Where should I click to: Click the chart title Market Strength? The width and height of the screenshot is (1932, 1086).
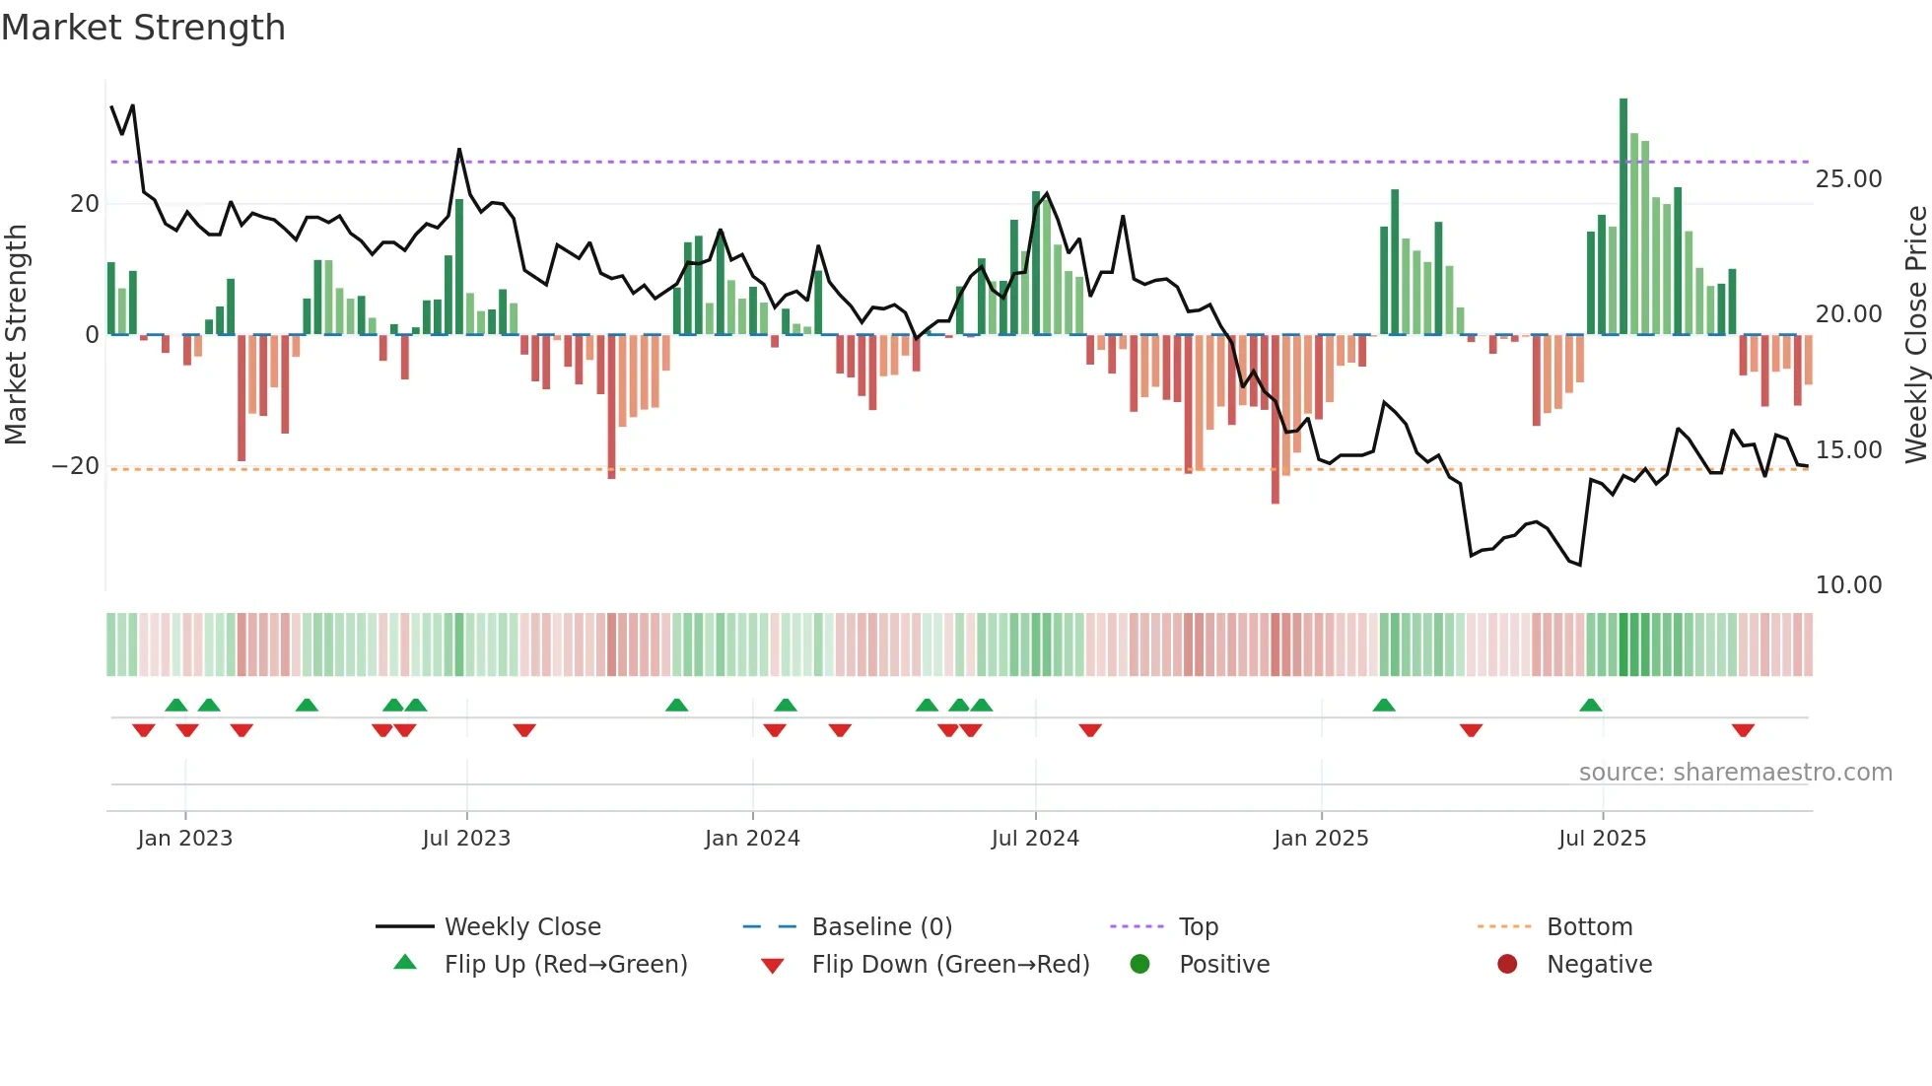143,28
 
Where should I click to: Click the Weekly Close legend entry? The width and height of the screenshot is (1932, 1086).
521,926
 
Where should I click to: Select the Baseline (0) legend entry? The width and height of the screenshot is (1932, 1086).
881,926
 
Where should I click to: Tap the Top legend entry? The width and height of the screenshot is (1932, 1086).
1198,926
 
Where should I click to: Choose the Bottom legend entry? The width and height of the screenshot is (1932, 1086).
1589,926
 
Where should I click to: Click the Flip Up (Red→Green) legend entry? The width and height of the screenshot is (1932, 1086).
565,964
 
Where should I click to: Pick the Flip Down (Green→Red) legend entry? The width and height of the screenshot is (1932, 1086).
950,964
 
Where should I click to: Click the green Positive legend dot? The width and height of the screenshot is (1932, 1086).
1140,964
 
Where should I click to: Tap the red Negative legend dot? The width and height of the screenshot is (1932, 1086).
1507,964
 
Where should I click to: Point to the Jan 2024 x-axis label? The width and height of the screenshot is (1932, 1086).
752,838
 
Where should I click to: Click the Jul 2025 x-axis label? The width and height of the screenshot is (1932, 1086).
1602,838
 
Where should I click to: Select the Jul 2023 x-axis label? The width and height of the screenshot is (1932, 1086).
466,838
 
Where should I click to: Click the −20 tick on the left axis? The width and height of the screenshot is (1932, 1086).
76,465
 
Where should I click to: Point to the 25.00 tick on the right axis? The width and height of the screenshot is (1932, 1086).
1848,179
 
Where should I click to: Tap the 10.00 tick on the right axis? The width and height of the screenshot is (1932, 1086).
1848,585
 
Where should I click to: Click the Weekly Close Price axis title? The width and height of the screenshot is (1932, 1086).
1915,335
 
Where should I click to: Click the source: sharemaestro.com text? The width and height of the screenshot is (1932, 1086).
1735,772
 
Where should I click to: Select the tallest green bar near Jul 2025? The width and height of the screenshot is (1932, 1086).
1623,217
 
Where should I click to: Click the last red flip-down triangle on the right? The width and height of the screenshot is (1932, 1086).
1743,730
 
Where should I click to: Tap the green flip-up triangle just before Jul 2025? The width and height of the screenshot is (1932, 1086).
1590,706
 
